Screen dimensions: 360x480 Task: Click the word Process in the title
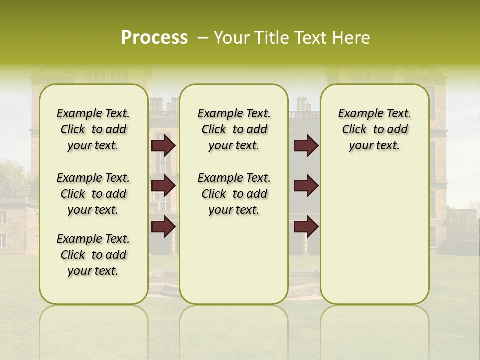pyautogui.click(x=154, y=38)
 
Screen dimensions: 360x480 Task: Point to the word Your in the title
pyautogui.click(x=232, y=38)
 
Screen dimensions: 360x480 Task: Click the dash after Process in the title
pyautogui.click(x=203, y=38)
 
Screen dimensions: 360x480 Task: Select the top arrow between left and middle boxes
pyautogui.click(x=163, y=146)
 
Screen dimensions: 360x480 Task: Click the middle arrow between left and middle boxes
pyautogui.click(x=163, y=186)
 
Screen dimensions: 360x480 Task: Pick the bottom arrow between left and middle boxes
pyautogui.click(x=163, y=227)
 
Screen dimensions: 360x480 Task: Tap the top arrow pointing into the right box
pyautogui.click(x=306, y=146)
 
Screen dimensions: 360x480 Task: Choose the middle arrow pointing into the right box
pyautogui.click(x=306, y=186)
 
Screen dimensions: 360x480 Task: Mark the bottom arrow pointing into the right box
pyautogui.click(x=306, y=227)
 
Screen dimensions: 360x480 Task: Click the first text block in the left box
pyautogui.click(x=93, y=129)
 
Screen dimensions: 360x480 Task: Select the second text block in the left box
pyautogui.click(x=93, y=194)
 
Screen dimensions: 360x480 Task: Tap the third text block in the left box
pyautogui.click(x=93, y=255)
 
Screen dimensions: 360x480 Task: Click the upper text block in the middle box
pyautogui.click(x=234, y=129)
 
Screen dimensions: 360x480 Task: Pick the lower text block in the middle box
pyautogui.click(x=234, y=194)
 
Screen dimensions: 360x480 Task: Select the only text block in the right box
pyautogui.click(x=374, y=129)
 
